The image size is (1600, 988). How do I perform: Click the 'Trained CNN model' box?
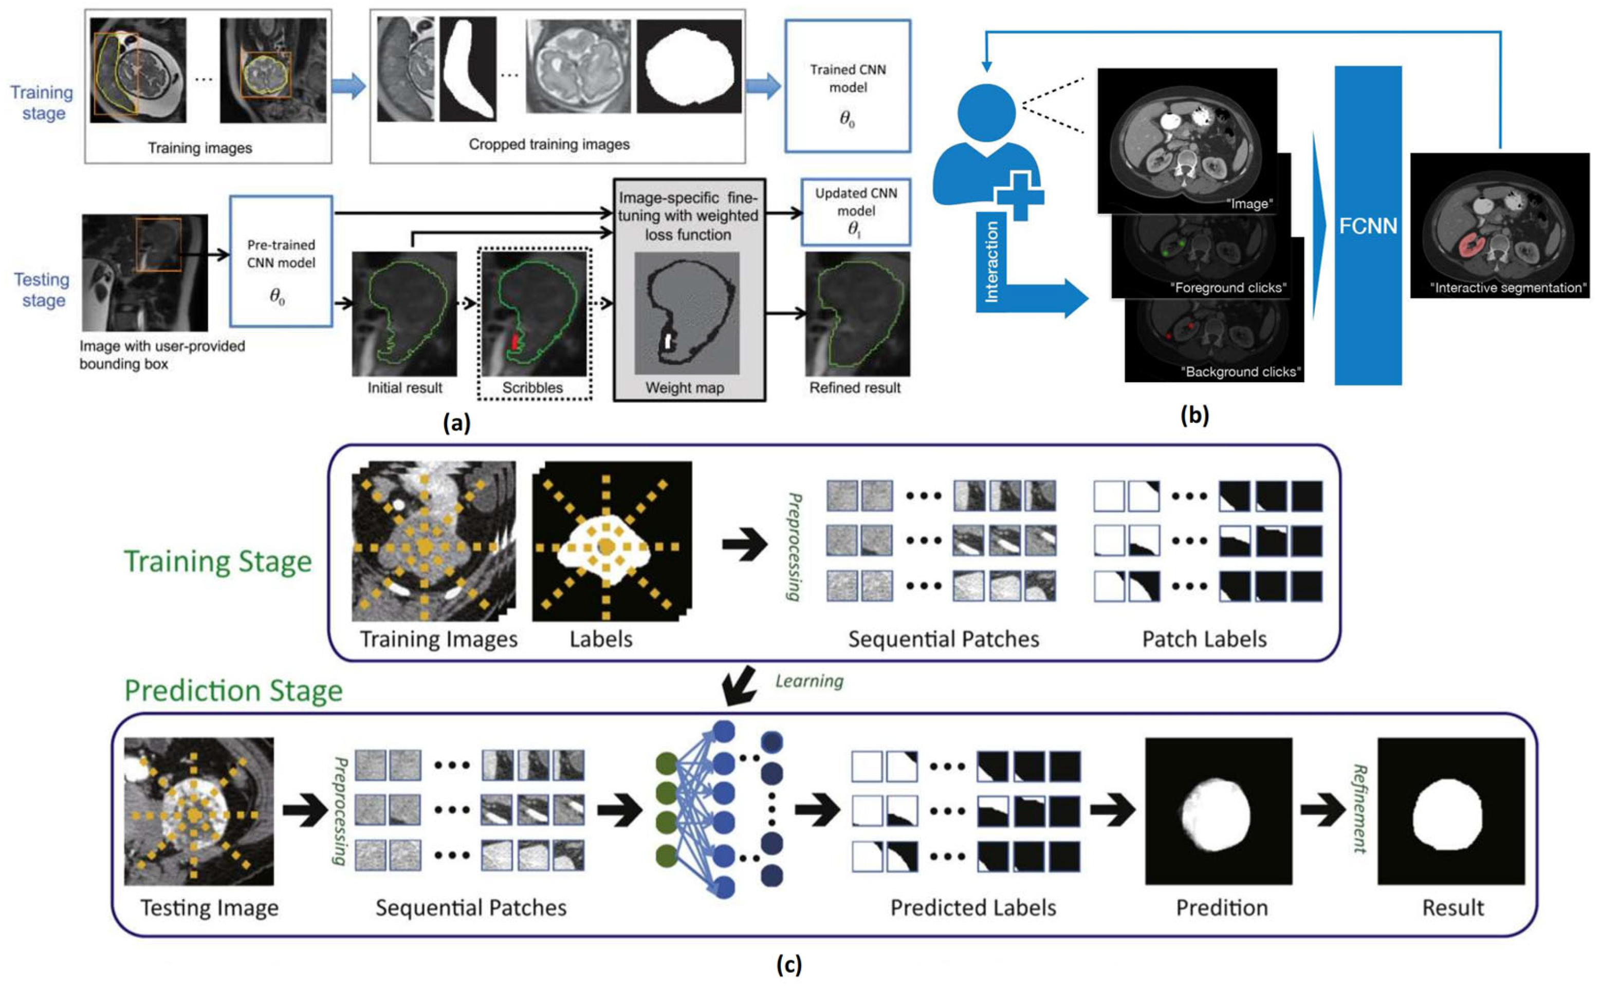pos(848,86)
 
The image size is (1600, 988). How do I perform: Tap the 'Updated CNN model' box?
pos(856,212)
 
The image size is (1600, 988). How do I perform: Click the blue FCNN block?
pos(1367,226)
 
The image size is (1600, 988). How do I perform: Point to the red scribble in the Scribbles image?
pos(514,341)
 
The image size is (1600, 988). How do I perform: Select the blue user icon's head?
pos(987,113)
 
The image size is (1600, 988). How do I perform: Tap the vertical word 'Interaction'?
pos(991,262)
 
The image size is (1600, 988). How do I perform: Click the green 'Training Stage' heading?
pos(217,561)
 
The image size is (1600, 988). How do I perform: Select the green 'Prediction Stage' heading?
pos(233,691)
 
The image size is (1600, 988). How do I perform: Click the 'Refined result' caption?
pos(855,387)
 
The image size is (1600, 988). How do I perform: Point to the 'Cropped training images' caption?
pos(549,144)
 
